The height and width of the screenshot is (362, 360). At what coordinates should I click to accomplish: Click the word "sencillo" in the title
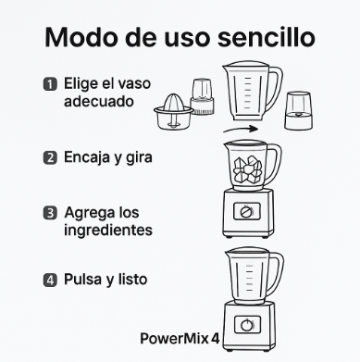pos(267,38)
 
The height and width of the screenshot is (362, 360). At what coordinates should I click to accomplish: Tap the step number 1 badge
pos(50,84)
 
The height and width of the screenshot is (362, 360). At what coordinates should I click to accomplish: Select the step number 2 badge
pos(50,157)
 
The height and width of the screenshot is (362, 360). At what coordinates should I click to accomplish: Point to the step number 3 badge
pos(50,213)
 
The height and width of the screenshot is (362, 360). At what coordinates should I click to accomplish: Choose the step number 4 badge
pos(50,281)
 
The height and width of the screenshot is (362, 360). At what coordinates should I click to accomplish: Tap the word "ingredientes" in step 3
pos(108,231)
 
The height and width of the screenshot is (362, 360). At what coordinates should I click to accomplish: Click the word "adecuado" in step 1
pos(99,101)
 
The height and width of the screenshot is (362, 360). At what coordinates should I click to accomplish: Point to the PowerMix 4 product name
pos(180,339)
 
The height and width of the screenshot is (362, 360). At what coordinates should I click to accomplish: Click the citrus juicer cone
pos(174,103)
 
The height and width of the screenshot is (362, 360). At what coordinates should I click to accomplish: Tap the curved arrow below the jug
pos(241,129)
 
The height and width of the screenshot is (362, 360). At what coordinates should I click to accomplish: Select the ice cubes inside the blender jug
pos(247,169)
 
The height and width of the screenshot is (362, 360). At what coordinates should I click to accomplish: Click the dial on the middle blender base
pos(246,212)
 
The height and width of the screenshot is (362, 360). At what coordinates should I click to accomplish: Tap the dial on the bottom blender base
pos(247,325)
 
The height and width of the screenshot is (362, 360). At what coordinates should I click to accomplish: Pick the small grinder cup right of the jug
pos(298,110)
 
